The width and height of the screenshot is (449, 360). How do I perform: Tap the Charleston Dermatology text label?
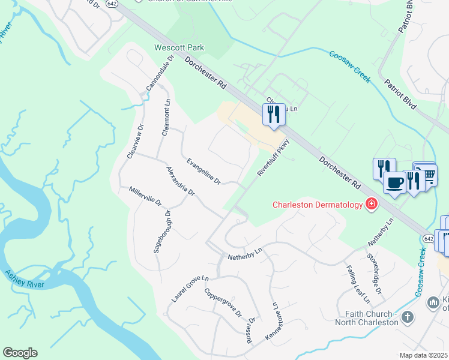tap(317, 205)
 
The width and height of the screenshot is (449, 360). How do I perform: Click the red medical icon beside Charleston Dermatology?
tap(372, 205)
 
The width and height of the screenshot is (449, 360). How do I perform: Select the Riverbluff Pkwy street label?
tap(273, 157)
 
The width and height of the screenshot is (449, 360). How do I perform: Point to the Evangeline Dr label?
tap(203, 171)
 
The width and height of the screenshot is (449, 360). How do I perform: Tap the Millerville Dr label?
tap(145, 196)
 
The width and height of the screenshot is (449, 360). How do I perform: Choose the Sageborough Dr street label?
tap(161, 231)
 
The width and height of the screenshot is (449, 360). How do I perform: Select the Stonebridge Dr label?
tap(374, 274)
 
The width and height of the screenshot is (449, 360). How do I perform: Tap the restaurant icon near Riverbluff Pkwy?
tap(274, 114)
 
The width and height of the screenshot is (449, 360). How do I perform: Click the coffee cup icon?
tap(394, 182)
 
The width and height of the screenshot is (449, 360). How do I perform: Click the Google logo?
tap(20, 353)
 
